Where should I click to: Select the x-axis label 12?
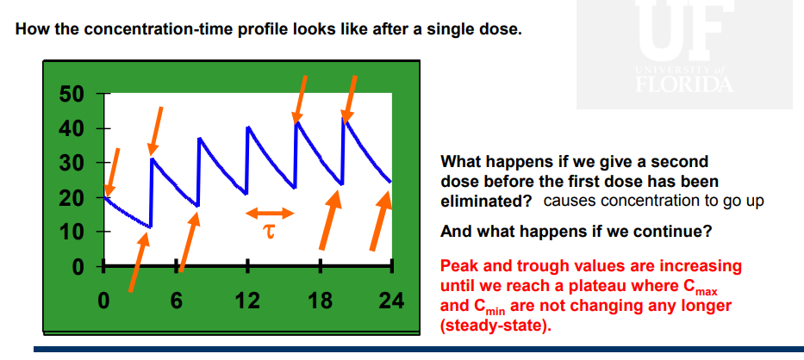[247, 302]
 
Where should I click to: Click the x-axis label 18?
[320, 302]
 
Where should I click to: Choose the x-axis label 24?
[390, 302]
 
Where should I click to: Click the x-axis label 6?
[178, 302]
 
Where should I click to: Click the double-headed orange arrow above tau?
[270, 213]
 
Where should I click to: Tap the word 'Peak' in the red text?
[458, 266]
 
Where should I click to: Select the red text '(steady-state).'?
[494, 326]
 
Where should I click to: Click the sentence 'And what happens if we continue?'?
[576, 232]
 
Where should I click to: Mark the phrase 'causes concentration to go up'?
[654, 201]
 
